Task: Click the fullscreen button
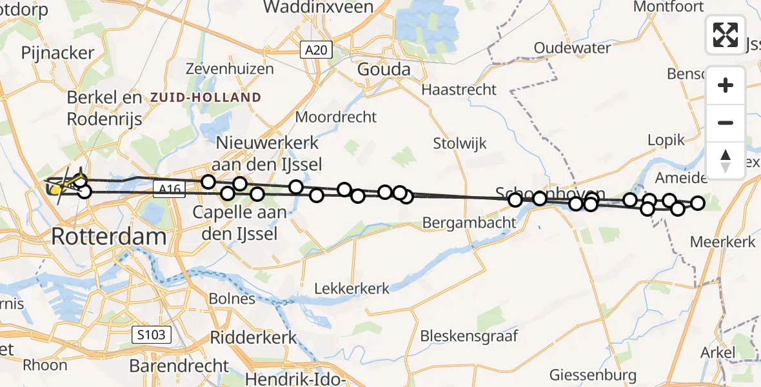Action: coord(726,34)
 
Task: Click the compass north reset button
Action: coord(726,161)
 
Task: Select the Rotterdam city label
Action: coord(108,236)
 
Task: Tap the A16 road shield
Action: coord(170,188)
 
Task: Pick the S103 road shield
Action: coord(152,334)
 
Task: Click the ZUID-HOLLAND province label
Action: coord(206,98)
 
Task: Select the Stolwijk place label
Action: coord(460,143)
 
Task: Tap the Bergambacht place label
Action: coord(469,223)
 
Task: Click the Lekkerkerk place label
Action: coord(351,288)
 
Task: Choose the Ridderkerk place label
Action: coord(253,337)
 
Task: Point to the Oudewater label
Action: coord(573,48)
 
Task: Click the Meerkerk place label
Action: coord(722,243)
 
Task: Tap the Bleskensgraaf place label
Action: coord(469,336)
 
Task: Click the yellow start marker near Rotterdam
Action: coord(55,189)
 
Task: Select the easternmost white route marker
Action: coord(697,204)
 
